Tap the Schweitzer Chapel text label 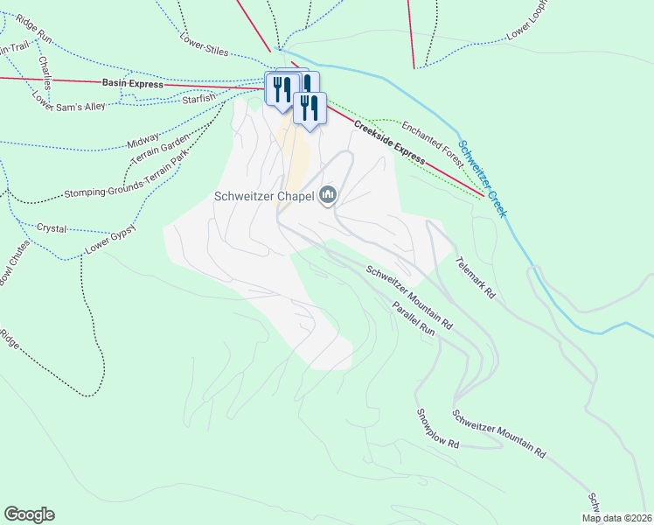(265, 196)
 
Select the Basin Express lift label (132, 82)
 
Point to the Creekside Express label (389, 143)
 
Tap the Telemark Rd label (475, 278)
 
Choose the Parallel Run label (414, 319)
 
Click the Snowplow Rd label (438, 429)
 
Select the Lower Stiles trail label (204, 45)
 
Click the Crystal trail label (52, 227)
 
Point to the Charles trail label (45, 71)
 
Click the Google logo (29, 514)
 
